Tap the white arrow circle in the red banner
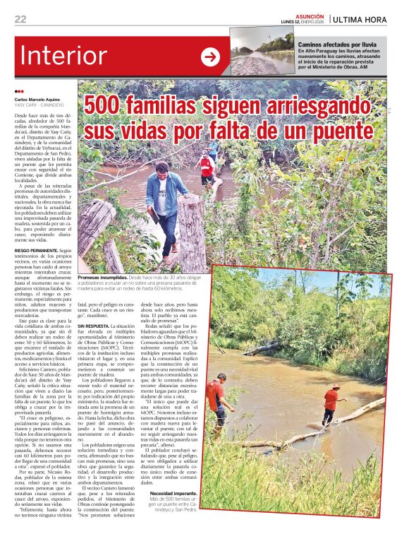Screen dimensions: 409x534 (x=210, y=57)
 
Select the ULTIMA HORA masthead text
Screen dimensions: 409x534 (x=360, y=19)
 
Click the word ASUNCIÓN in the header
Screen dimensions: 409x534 (x=310, y=15)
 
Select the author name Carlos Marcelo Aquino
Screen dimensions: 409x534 (x=38, y=100)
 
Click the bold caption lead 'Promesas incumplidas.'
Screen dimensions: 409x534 (x=104, y=278)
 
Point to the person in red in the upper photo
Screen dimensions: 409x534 (x=206, y=167)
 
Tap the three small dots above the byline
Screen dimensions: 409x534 (x=19, y=92)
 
